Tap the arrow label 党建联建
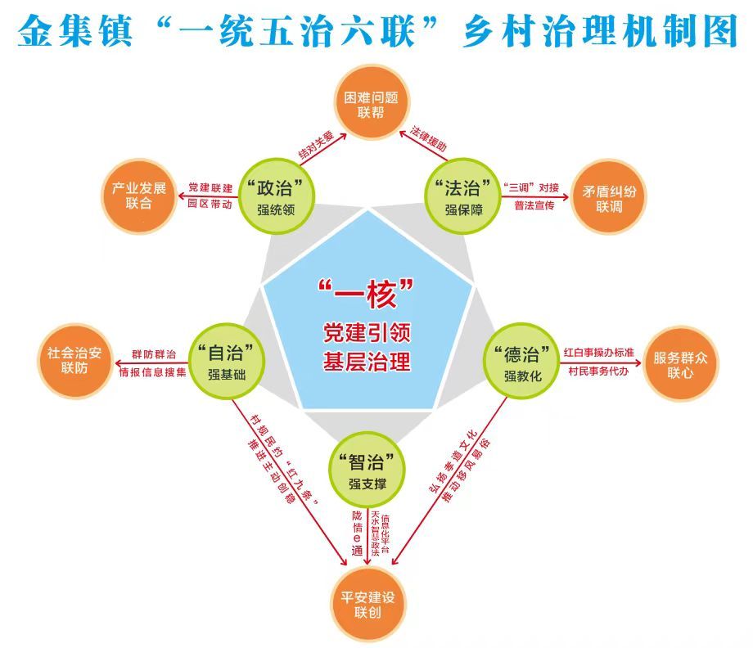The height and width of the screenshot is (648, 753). [x=210, y=187]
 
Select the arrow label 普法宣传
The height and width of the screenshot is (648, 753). [x=534, y=205]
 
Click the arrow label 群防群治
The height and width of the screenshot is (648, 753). [x=153, y=354]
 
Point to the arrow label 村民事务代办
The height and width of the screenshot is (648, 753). [x=597, y=371]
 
